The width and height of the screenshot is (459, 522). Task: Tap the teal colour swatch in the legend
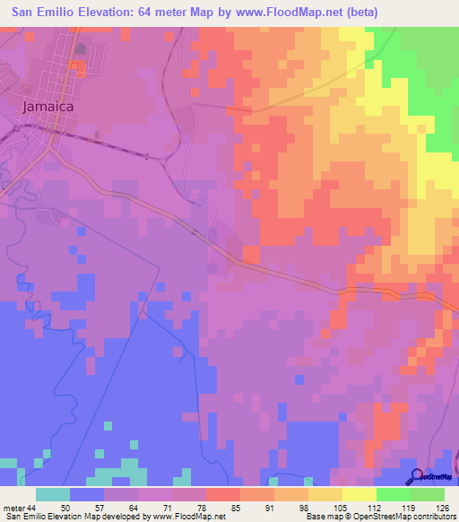point(53,494)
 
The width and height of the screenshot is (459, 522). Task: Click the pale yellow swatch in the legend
point(359,494)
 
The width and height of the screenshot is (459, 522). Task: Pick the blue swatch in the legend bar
point(87,494)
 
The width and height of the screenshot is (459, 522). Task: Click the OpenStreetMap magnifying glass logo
point(418,475)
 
